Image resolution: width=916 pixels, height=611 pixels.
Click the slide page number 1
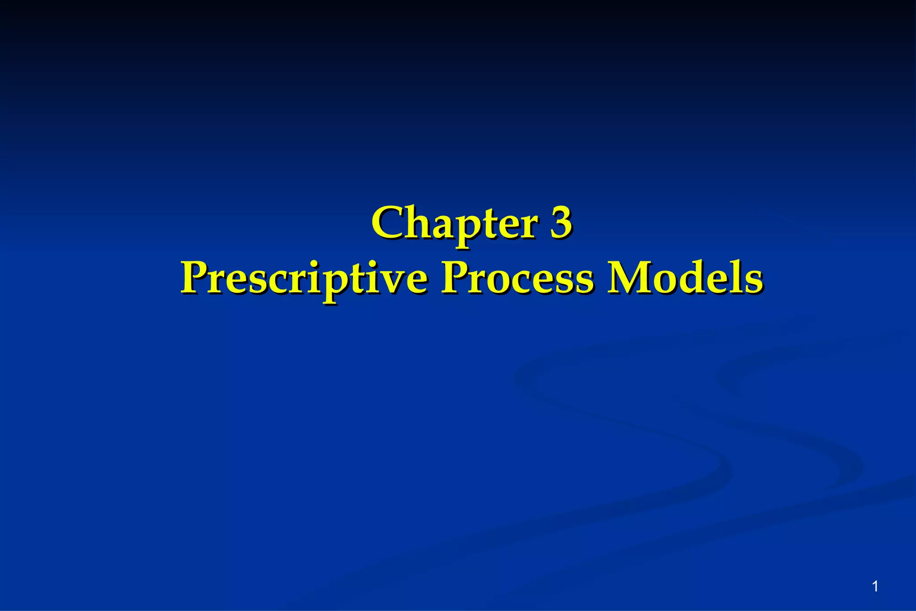point(875,586)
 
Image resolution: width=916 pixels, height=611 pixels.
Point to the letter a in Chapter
point(445,226)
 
